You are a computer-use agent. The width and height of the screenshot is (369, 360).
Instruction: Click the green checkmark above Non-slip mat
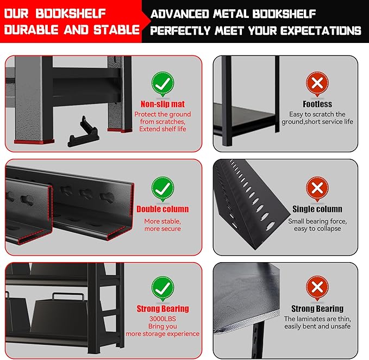(162, 84)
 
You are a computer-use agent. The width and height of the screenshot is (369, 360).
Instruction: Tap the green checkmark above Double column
(162, 188)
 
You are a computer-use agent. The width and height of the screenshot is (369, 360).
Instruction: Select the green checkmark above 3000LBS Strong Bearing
(162, 288)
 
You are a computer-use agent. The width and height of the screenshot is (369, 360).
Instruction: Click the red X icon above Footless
(317, 84)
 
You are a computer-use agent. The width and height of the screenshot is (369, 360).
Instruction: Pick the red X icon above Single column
(317, 188)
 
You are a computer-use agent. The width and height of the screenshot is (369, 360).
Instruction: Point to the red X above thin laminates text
(317, 288)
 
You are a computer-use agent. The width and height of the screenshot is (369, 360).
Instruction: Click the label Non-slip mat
(162, 104)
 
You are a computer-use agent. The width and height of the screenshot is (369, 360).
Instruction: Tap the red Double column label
(162, 209)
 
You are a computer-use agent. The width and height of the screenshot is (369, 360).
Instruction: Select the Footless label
(317, 104)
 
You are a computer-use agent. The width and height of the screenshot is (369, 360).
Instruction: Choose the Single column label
(317, 209)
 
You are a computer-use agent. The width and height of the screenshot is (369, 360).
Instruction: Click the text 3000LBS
(162, 318)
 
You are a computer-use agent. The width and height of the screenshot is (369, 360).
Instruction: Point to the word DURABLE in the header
(32, 30)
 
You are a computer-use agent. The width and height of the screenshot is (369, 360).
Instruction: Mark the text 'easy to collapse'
(317, 228)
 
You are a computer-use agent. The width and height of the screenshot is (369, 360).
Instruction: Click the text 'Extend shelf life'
(162, 129)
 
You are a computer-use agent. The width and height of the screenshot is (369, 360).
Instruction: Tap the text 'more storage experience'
(162, 333)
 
